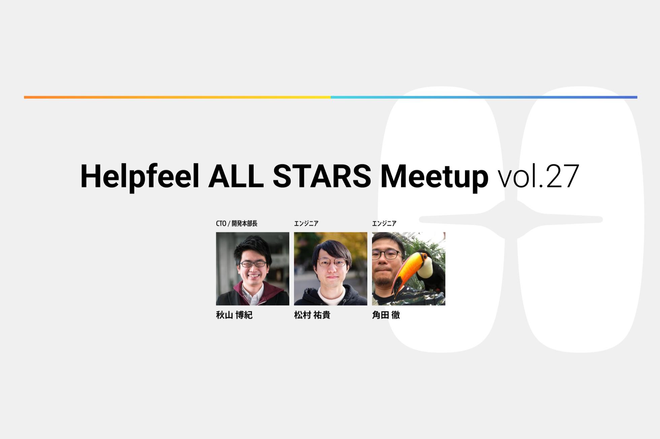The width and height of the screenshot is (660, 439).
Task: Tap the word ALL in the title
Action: point(236,176)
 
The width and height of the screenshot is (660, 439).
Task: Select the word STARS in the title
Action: point(322,176)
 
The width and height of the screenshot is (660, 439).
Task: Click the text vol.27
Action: point(538,176)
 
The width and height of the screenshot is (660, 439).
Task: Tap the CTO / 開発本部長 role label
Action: point(236,224)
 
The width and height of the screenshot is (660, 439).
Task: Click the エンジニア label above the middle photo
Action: point(306,224)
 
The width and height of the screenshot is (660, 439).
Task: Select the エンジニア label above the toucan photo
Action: point(384,224)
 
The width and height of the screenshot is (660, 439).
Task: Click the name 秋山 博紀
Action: point(234,315)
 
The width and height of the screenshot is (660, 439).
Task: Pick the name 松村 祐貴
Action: point(312,315)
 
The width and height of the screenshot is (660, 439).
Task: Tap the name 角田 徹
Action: point(386,315)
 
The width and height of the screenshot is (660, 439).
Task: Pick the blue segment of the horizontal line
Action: point(484,97)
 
